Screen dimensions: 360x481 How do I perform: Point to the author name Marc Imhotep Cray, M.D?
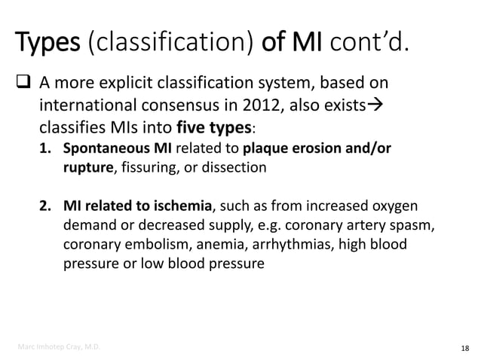(60, 346)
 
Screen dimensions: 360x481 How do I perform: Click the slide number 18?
(463, 346)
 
